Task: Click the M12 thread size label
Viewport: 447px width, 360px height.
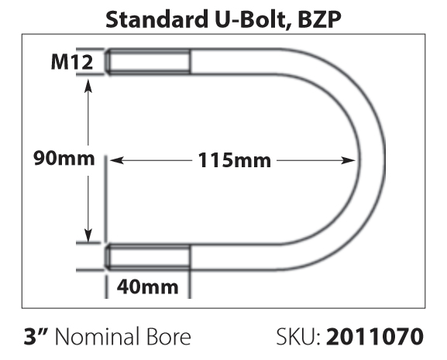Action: pyautogui.click(x=72, y=62)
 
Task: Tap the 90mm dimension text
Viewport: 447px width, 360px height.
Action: pyautogui.click(x=64, y=158)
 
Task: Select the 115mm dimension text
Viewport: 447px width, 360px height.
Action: pyautogui.click(x=234, y=160)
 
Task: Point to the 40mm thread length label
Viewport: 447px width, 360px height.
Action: pyautogui.click(x=148, y=286)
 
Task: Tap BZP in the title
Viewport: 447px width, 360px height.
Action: pyautogui.click(x=320, y=19)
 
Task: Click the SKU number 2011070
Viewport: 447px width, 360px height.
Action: pyautogui.click(x=375, y=336)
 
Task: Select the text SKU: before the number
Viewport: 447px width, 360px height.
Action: pyautogui.click(x=298, y=336)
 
